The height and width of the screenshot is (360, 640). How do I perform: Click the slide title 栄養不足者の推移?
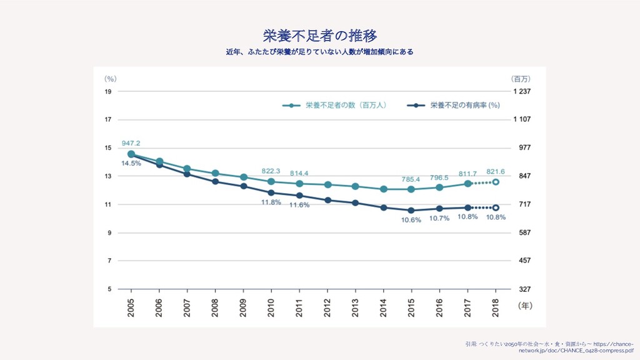pos(319,34)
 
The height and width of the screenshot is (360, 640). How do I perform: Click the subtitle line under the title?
pos(319,51)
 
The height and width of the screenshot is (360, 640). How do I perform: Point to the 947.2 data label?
pos(131,142)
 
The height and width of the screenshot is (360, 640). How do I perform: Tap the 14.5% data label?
pos(131,163)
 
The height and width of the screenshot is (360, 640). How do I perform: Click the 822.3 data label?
pos(271,171)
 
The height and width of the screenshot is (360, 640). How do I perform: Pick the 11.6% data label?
pos(299,205)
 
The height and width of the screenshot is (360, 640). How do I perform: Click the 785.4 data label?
pos(411,179)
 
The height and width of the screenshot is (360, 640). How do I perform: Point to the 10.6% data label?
pos(411,219)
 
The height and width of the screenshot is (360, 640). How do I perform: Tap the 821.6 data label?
pos(496,171)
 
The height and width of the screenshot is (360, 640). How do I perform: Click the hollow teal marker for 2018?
pos(496,182)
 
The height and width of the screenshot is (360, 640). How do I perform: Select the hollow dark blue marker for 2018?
pos(496,207)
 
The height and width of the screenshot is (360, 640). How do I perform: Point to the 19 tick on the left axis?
pos(108,91)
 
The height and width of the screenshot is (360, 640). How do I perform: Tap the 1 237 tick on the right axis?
pos(522,91)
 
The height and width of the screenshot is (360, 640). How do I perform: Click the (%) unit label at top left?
pos(111,79)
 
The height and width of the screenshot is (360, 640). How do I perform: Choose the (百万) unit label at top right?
pos(521,79)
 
